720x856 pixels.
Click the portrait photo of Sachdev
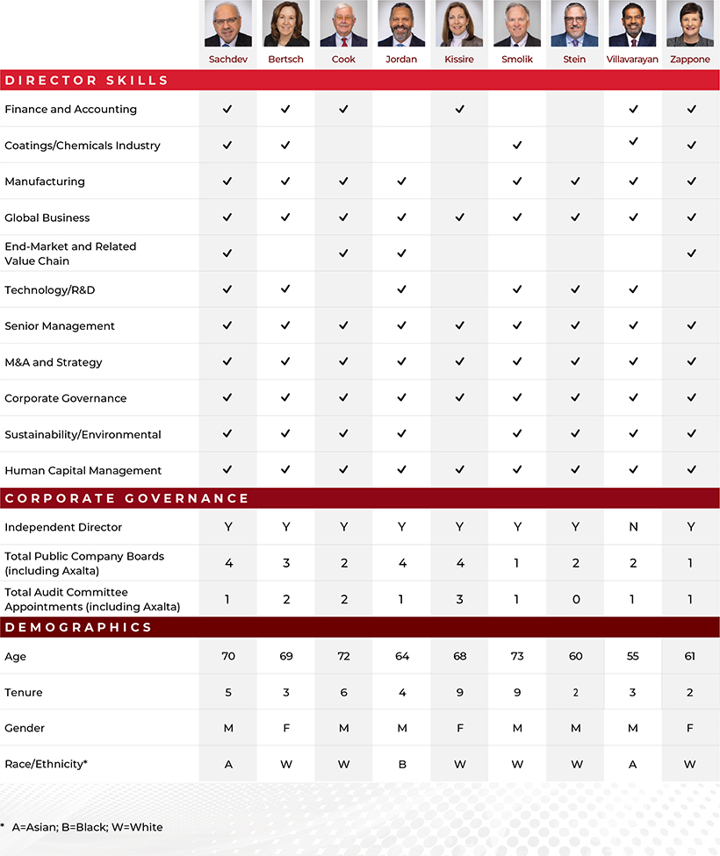227,24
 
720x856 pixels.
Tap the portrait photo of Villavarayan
632,24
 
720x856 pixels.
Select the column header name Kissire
459,60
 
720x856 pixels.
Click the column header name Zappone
690,60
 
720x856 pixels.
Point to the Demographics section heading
78,627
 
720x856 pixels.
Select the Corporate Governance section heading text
126,498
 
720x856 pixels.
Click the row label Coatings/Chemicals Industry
83,146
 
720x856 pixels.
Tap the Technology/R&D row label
50,289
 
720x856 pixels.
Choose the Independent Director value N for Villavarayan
633,527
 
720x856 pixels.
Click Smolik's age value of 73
517,656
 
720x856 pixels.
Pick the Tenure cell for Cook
343,692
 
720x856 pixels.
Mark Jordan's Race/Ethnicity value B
401,764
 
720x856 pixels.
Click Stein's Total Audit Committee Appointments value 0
575,599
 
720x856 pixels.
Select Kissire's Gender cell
459,728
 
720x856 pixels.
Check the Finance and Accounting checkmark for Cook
343,110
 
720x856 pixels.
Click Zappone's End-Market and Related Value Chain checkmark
691,253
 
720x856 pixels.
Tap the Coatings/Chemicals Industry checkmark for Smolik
517,146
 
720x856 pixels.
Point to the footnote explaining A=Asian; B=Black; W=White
84,827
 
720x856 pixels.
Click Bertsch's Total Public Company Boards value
285,563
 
